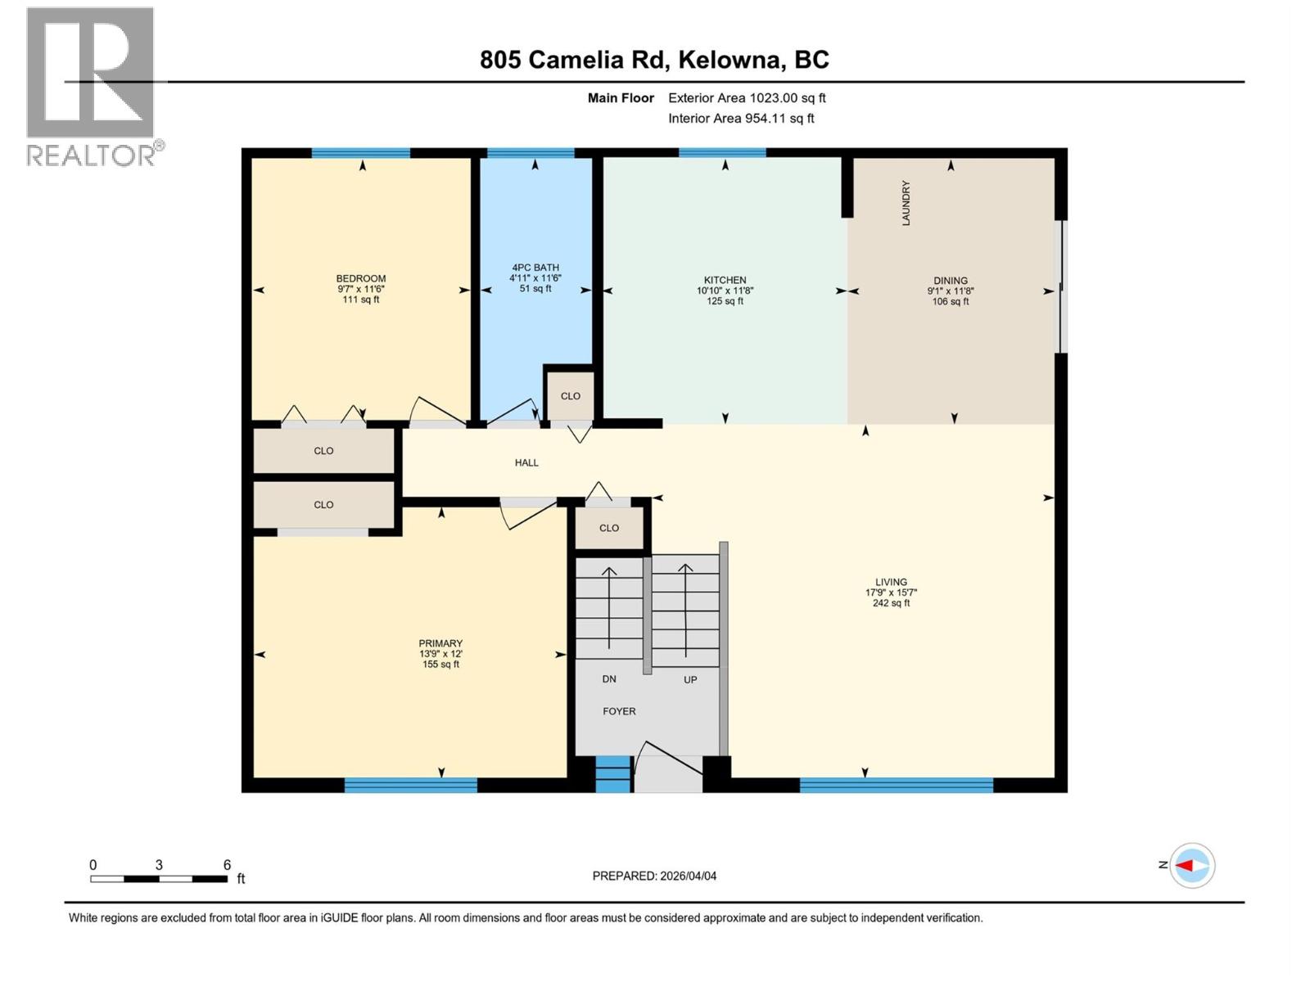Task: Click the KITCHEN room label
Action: (725, 280)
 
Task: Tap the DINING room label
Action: (950, 281)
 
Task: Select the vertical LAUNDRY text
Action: (906, 203)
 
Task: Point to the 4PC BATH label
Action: (535, 268)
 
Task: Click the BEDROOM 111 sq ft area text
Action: (360, 300)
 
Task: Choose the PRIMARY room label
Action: (440, 643)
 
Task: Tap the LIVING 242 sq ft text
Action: (891, 603)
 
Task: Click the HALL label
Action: (526, 462)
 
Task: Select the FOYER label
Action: (619, 711)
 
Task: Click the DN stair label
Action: (609, 679)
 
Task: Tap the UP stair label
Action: (690, 680)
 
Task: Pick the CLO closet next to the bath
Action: (571, 396)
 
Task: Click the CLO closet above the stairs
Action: (609, 528)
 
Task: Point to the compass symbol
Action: (1191, 865)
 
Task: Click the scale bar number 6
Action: (227, 865)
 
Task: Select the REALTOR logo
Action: (92, 86)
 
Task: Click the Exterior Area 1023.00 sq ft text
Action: (747, 97)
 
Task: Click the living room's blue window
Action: (896, 786)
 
